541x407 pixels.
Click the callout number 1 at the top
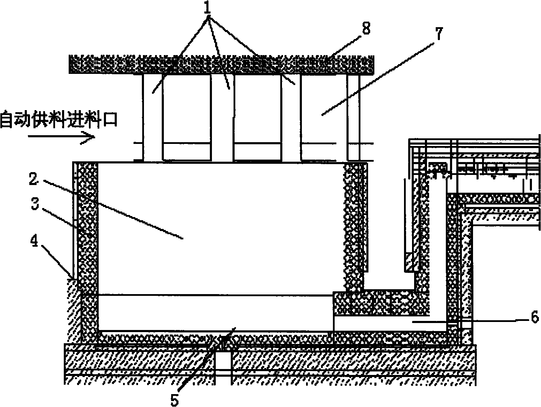click(x=208, y=8)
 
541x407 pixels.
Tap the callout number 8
click(x=366, y=28)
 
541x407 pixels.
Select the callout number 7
click(x=439, y=34)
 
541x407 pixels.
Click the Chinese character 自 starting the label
click(x=7, y=120)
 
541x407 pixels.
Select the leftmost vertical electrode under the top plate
click(x=153, y=117)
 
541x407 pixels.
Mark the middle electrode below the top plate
click(x=222, y=117)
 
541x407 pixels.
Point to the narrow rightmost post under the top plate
click(x=353, y=117)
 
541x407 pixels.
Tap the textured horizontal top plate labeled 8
click(x=221, y=64)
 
